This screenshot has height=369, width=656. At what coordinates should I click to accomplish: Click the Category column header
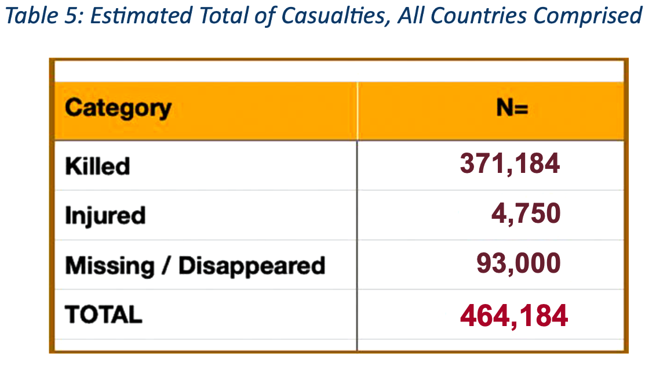pos(118,108)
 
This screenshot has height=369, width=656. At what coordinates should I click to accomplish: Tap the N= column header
pos(512,108)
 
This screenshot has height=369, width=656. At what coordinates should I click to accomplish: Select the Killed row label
pos(97,166)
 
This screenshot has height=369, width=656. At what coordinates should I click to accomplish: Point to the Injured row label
pos(105,216)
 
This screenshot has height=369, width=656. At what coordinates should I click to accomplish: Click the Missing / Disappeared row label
pos(195,266)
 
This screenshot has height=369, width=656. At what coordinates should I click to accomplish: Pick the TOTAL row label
pos(104,314)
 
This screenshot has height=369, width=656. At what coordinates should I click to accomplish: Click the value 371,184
pos(510,164)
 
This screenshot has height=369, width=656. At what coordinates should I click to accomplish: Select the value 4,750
pos(526,214)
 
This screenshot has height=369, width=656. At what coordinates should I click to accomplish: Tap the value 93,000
pos(519,264)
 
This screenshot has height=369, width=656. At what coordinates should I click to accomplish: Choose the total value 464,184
pos(513,314)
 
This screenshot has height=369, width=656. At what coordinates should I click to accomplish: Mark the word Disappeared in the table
pos(252,266)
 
